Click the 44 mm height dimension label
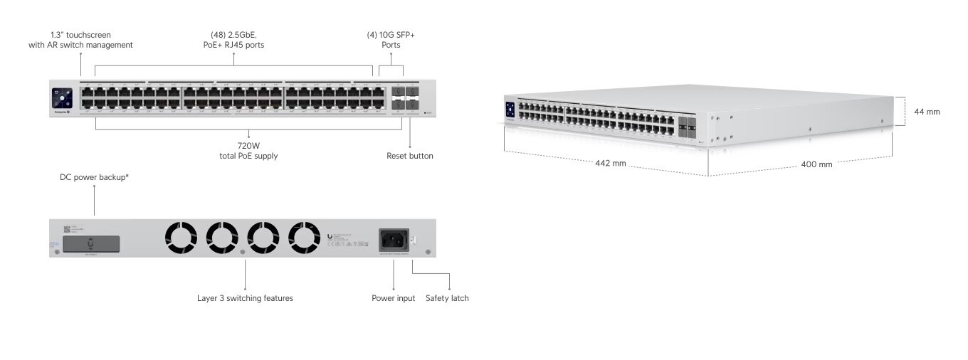927,112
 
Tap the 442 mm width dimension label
610,163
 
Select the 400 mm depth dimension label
816,164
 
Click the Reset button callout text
409,156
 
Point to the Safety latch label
447,298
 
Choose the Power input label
393,298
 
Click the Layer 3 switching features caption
245,298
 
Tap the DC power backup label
94,176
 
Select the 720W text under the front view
248,145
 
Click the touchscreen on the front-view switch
62,98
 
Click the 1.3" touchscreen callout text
91,39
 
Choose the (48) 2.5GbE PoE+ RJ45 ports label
234,39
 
